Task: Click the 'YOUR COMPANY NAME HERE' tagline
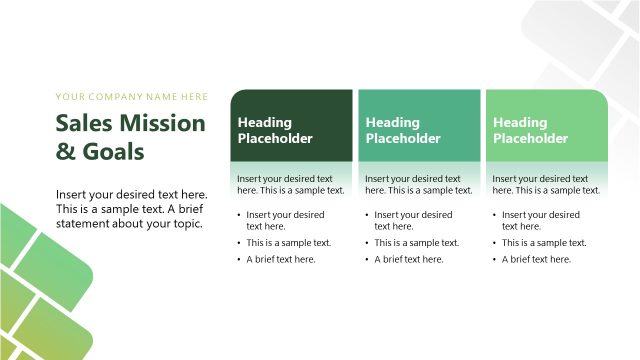[x=132, y=97]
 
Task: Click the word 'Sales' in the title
[x=82, y=123]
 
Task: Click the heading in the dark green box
[x=275, y=130]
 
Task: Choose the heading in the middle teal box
[x=403, y=130]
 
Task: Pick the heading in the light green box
[x=531, y=130]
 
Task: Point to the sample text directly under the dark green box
[x=291, y=184]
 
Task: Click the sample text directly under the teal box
[x=419, y=184]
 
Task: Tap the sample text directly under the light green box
[x=547, y=184]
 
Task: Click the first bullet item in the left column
[x=285, y=220]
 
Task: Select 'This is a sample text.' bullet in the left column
[x=289, y=242]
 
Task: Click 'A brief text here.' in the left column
[x=281, y=259]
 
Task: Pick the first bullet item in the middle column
[x=413, y=220]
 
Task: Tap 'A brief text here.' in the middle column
[x=409, y=259]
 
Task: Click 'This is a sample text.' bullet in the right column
[x=545, y=242]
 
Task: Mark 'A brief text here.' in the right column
[x=537, y=259]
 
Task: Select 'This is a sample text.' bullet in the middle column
[x=417, y=242]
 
